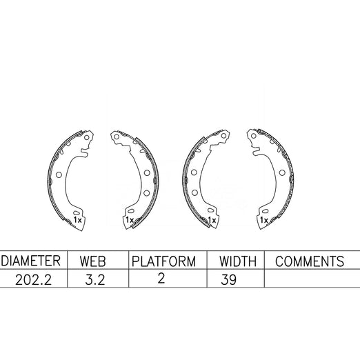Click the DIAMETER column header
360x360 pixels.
(x=30, y=261)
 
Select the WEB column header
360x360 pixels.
(x=92, y=261)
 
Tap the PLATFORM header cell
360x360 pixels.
(x=163, y=261)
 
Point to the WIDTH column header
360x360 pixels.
(x=238, y=261)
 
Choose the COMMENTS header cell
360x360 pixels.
(x=310, y=261)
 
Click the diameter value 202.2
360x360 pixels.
(x=33, y=280)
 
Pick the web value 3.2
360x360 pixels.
(x=95, y=280)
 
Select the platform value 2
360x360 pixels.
(x=161, y=278)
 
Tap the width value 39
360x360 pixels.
(x=228, y=280)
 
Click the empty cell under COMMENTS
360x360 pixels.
(x=312, y=278)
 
